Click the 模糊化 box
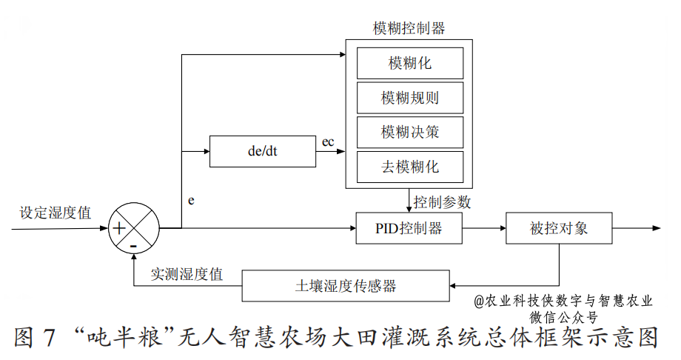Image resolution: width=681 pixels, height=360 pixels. coord(410,63)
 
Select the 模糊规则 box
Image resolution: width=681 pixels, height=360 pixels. coord(410,98)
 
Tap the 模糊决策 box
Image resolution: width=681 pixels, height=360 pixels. coord(410,133)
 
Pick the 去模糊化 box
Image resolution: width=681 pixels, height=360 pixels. coord(410,167)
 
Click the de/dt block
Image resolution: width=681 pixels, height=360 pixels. coord(262,152)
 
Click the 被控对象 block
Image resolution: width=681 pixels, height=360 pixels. coord(559,228)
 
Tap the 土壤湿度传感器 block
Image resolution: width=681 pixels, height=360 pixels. coord(346,286)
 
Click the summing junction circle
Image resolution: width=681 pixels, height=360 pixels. coord(134,228)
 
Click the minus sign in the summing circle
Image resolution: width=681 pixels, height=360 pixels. coord(134,244)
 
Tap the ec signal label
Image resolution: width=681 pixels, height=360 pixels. coord(328,141)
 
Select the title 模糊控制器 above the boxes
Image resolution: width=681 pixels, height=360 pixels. coord(409,29)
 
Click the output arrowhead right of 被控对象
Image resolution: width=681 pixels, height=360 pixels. coord(656,228)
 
